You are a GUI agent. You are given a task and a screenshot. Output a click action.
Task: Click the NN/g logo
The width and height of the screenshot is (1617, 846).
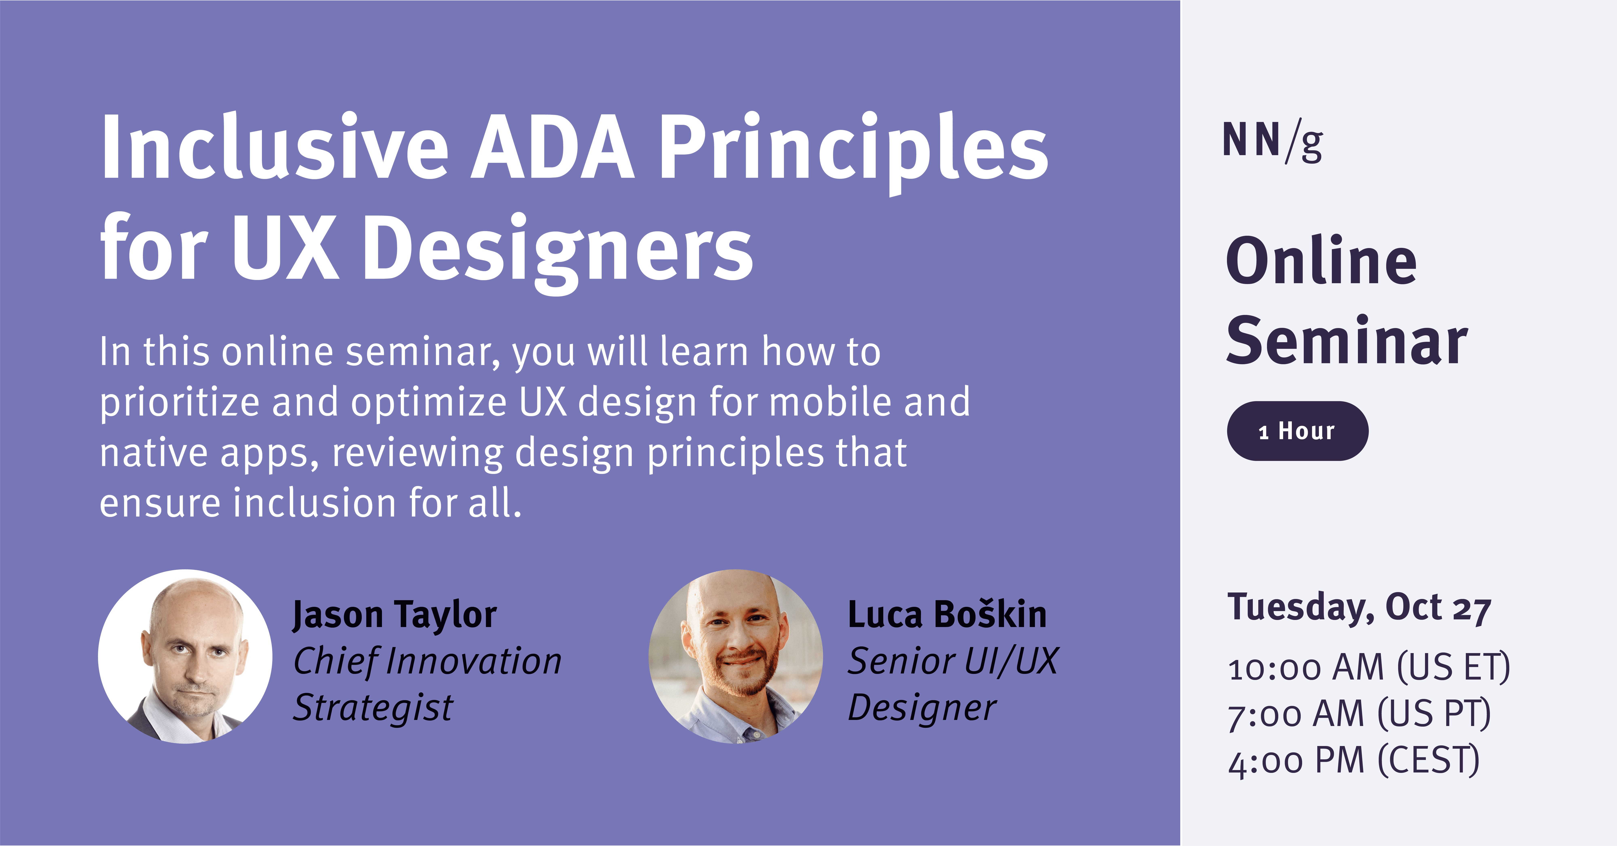tap(1272, 142)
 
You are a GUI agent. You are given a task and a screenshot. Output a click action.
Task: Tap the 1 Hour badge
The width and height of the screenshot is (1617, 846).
tap(1297, 431)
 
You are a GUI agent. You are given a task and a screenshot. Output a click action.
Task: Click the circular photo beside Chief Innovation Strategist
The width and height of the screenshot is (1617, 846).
tap(185, 657)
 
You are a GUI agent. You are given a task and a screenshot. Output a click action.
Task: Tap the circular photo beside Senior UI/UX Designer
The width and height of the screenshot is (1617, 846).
tap(736, 657)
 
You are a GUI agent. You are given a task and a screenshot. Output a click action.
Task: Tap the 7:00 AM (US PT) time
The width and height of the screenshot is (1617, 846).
tap(1359, 714)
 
